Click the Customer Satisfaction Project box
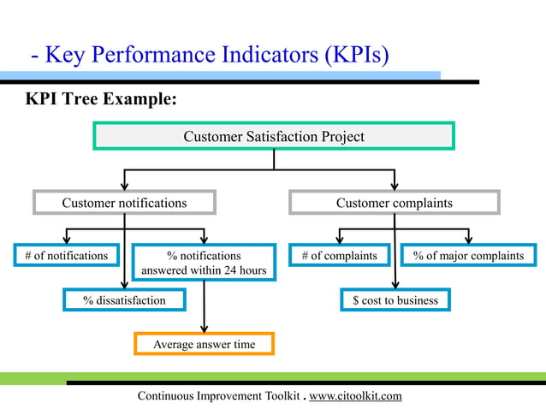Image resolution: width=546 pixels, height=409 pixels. (x=274, y=136)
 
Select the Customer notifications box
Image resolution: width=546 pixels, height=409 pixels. (x=124, y=203)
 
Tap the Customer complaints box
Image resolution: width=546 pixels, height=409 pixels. (x=394, y=203)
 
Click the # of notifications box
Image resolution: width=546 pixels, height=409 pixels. (x=66, y=255)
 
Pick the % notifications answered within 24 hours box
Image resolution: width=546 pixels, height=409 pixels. (x=204, y=263)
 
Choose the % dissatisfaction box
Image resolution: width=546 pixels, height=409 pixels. (x=124, y=300)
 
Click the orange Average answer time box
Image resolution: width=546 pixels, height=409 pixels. (x=204, y=344)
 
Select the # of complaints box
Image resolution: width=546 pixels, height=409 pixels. (x=339, y=255)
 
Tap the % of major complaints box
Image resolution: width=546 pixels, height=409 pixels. (x=468, y=255)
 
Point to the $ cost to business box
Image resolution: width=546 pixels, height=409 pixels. (x=395, y=300)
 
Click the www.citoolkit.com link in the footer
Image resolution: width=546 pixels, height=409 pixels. (x=354, y=395)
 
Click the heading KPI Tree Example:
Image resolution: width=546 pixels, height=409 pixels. (x=101, y=99)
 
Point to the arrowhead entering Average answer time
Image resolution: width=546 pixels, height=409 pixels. (x=204, y=327)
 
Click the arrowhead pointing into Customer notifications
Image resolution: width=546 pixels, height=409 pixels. (x=125, y=185)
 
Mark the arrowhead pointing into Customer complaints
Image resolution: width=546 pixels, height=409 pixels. (x=395, y=185)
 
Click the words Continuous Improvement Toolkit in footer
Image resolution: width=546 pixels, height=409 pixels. (x=218, y=395)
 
